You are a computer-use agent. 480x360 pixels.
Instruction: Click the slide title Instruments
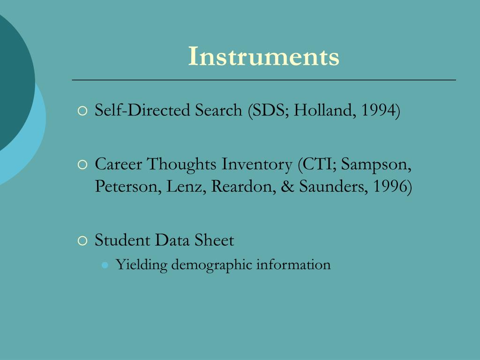click(x=263, y=57)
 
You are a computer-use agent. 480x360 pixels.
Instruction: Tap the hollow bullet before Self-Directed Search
click(x=82, y=112)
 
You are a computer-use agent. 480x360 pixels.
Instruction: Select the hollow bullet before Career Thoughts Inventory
click(x=82, y=165)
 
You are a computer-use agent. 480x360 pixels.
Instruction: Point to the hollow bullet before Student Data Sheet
click(x=82, y=241)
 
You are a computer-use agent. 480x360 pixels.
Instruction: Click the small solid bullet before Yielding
click(x=105, y=265)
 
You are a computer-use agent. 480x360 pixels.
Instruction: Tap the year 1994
click(x=379, y=111)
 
